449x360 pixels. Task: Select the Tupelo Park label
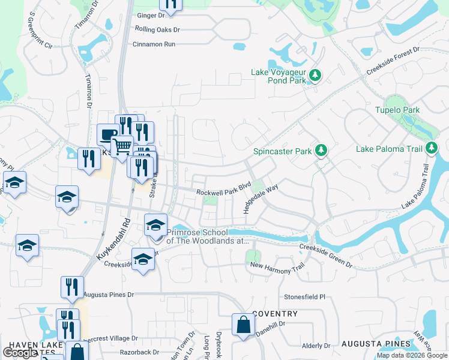(397, 110)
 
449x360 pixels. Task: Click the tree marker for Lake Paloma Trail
(431, 148)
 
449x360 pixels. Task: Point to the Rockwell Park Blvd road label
(223, 192)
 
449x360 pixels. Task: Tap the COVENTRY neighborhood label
(275, 314)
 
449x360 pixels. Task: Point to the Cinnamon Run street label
(154, 44)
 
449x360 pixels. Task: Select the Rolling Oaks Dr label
(157, 29)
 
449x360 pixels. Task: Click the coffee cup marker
(107, 134)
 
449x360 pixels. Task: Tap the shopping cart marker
(122, 145)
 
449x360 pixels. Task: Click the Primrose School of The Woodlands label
(207, 236)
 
